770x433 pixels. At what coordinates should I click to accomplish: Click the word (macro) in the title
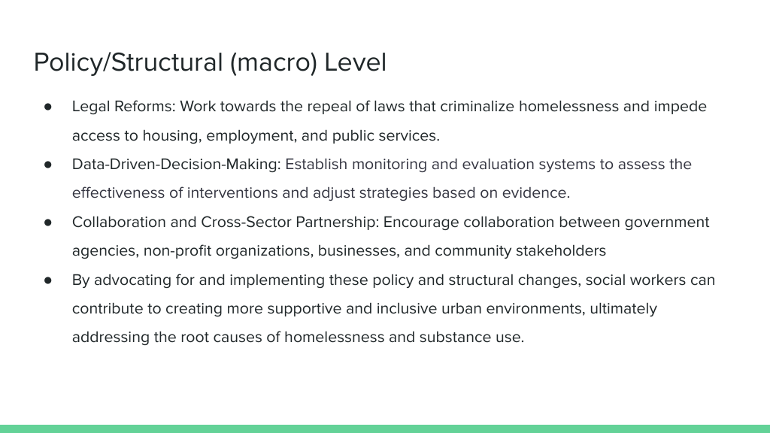pos(274,63)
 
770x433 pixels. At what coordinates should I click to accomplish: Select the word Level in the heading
pos(356,62)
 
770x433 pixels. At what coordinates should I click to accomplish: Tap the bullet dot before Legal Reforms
pos(47,107)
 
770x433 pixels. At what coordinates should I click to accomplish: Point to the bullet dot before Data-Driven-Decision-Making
pos(47,165)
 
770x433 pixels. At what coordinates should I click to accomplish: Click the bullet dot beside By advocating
pos(47,280)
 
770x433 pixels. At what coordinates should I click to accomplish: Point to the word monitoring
pos(390,165)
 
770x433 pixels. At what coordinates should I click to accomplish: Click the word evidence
pos(535,193)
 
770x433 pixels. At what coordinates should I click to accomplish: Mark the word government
pos(667,223)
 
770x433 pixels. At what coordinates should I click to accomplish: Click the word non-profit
pos(177,251)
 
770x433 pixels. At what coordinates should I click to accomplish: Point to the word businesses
pos(359,251)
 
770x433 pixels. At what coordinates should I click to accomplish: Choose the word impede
pos(680,107)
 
